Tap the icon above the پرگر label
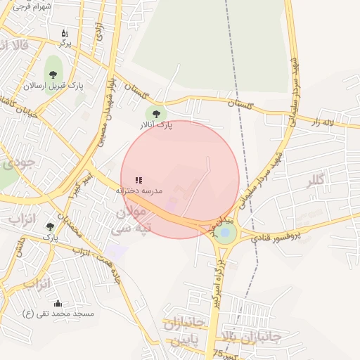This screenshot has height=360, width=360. tap(65, 33)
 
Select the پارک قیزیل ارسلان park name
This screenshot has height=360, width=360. tap(53, 86)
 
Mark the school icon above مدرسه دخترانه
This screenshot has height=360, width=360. tap(139, 180)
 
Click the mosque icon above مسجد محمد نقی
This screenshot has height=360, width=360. tap(58, 303)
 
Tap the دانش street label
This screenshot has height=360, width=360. tap(21, 246)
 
